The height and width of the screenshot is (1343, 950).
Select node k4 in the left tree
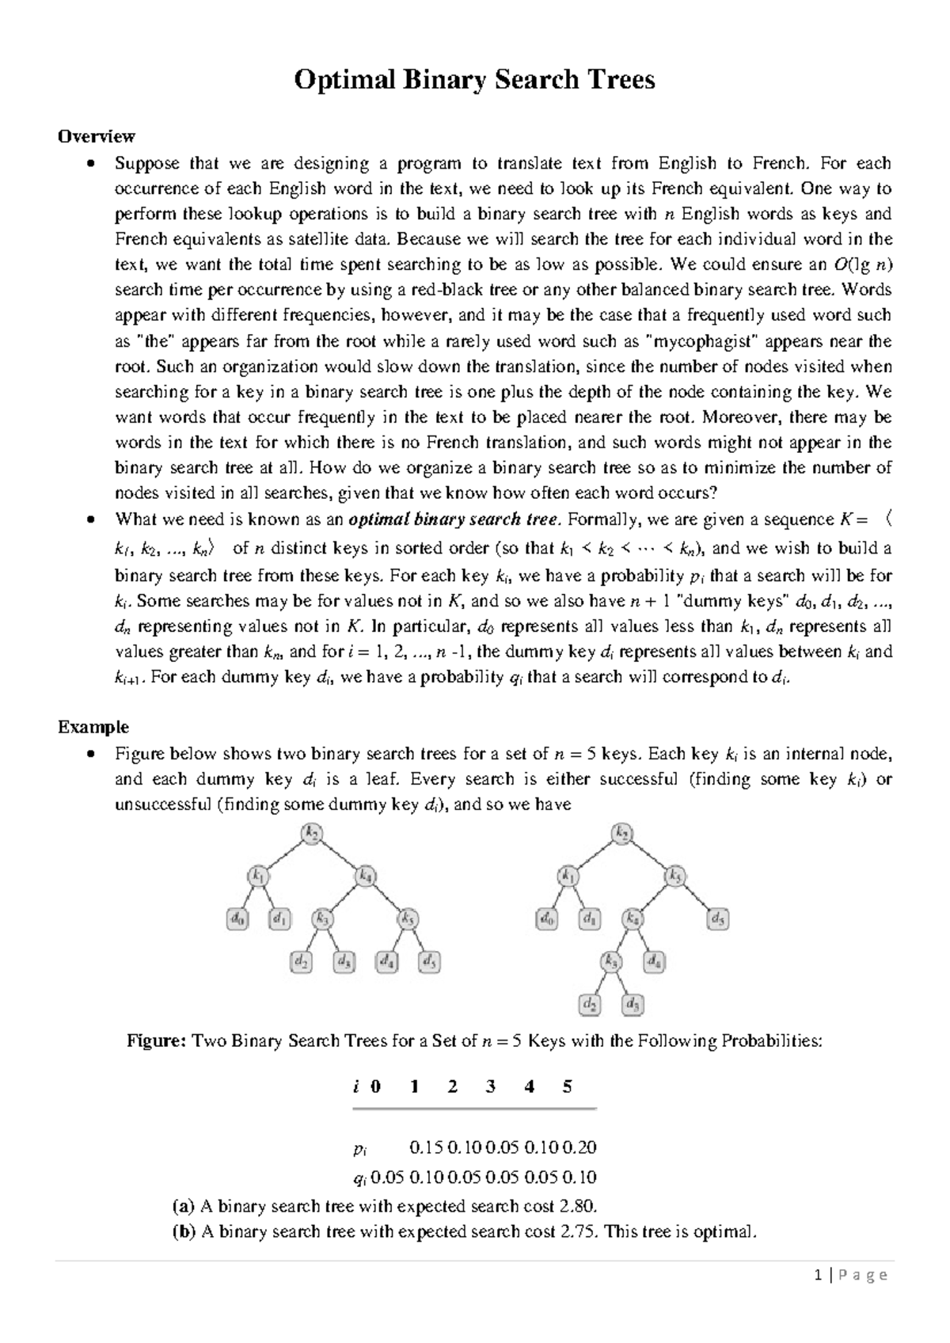point(365,877)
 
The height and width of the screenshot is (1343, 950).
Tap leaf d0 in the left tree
point(237,919)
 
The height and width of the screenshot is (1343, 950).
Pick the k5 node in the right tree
point(674,877)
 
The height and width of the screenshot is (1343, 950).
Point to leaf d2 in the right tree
point(591,1005)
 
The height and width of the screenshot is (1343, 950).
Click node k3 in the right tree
point(611,961)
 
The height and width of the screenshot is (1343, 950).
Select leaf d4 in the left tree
point(387,962)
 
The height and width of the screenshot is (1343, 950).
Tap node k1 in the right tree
point(568,877)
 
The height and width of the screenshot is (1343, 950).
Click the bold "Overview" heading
point(97,136)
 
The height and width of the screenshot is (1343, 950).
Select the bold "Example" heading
point(93,726)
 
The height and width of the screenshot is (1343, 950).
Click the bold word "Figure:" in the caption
point(155,1041)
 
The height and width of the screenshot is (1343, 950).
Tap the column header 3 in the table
point(491,1086)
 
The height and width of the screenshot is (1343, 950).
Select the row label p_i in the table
point(360,1147)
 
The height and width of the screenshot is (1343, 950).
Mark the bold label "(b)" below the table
point(183,1231)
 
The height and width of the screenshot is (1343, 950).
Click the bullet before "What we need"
point(93,519)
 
